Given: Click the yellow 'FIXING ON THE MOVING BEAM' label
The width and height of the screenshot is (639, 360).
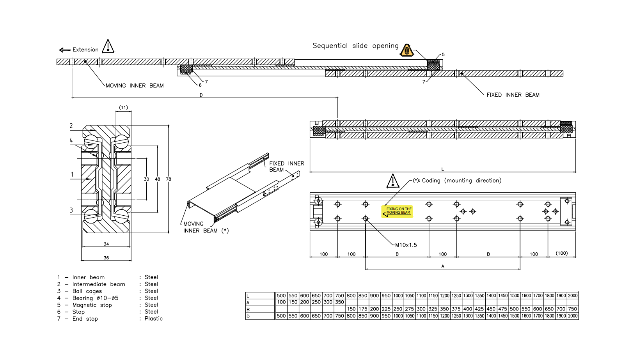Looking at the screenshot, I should [x=398, y=211].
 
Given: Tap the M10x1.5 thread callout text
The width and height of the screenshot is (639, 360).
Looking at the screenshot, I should [x=406, y=245].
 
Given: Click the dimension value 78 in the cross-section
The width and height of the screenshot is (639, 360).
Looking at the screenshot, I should [x=169, y=179].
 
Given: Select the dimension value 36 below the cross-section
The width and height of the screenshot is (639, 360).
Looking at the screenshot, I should [x=106, y=258].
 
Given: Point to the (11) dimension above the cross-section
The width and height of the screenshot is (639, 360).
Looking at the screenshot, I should [x=123, y=107].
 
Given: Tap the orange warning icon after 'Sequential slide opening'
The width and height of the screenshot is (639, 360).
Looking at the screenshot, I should [x=406, y=50].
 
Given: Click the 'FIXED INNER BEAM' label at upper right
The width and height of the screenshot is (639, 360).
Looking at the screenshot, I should [x=513, y=95].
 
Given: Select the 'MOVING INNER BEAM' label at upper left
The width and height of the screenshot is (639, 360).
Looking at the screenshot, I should [x=135, y=85].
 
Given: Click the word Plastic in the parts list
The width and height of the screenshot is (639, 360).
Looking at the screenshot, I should [x=153, y=319].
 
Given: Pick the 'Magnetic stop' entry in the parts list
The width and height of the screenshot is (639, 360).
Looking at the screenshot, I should [x=92, y=305].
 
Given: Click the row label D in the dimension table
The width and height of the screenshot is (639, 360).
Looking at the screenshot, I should [x=248, y=316].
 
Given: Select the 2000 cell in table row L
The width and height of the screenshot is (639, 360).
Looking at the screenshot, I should [x=572, y=296].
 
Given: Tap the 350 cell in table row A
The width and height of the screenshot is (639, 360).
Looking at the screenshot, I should [x=339, y=302].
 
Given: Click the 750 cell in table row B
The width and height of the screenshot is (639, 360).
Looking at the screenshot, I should [x=572, y=309].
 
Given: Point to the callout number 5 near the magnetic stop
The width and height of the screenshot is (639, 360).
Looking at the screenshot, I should [x=443, y=55].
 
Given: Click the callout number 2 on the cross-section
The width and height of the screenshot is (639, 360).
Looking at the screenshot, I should [x=71, y=126].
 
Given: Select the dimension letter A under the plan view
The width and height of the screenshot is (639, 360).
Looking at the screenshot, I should [x=442, y=266].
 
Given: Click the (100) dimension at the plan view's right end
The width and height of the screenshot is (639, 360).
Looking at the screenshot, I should [x=561, y=253].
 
